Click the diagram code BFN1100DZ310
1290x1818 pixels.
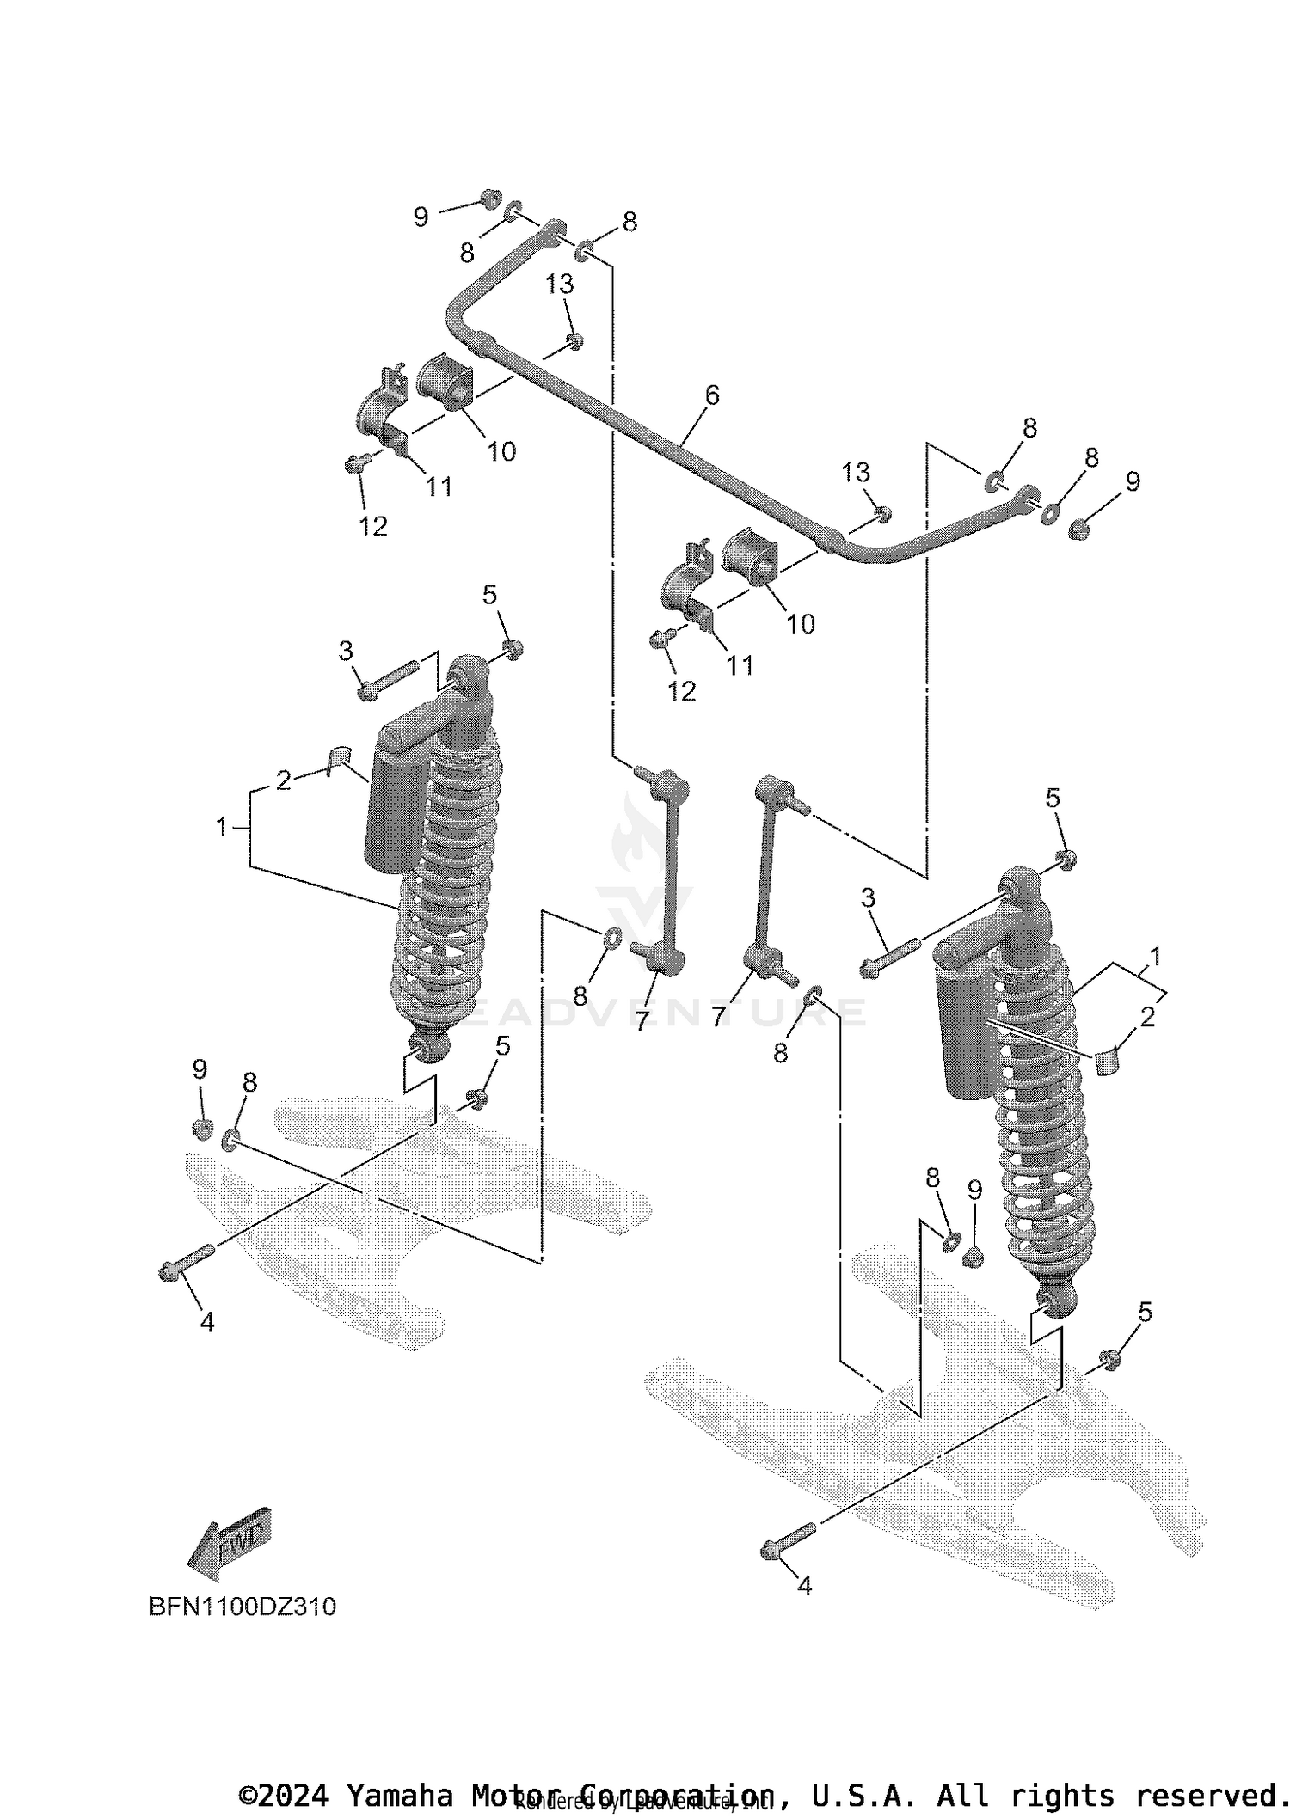coord(243,1607)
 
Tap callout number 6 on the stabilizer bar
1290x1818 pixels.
coord(711,395)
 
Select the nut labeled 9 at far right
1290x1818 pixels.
coord(1078,529)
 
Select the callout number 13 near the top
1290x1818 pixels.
coord(560,285)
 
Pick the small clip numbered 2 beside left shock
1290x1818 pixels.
coord(340,755)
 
